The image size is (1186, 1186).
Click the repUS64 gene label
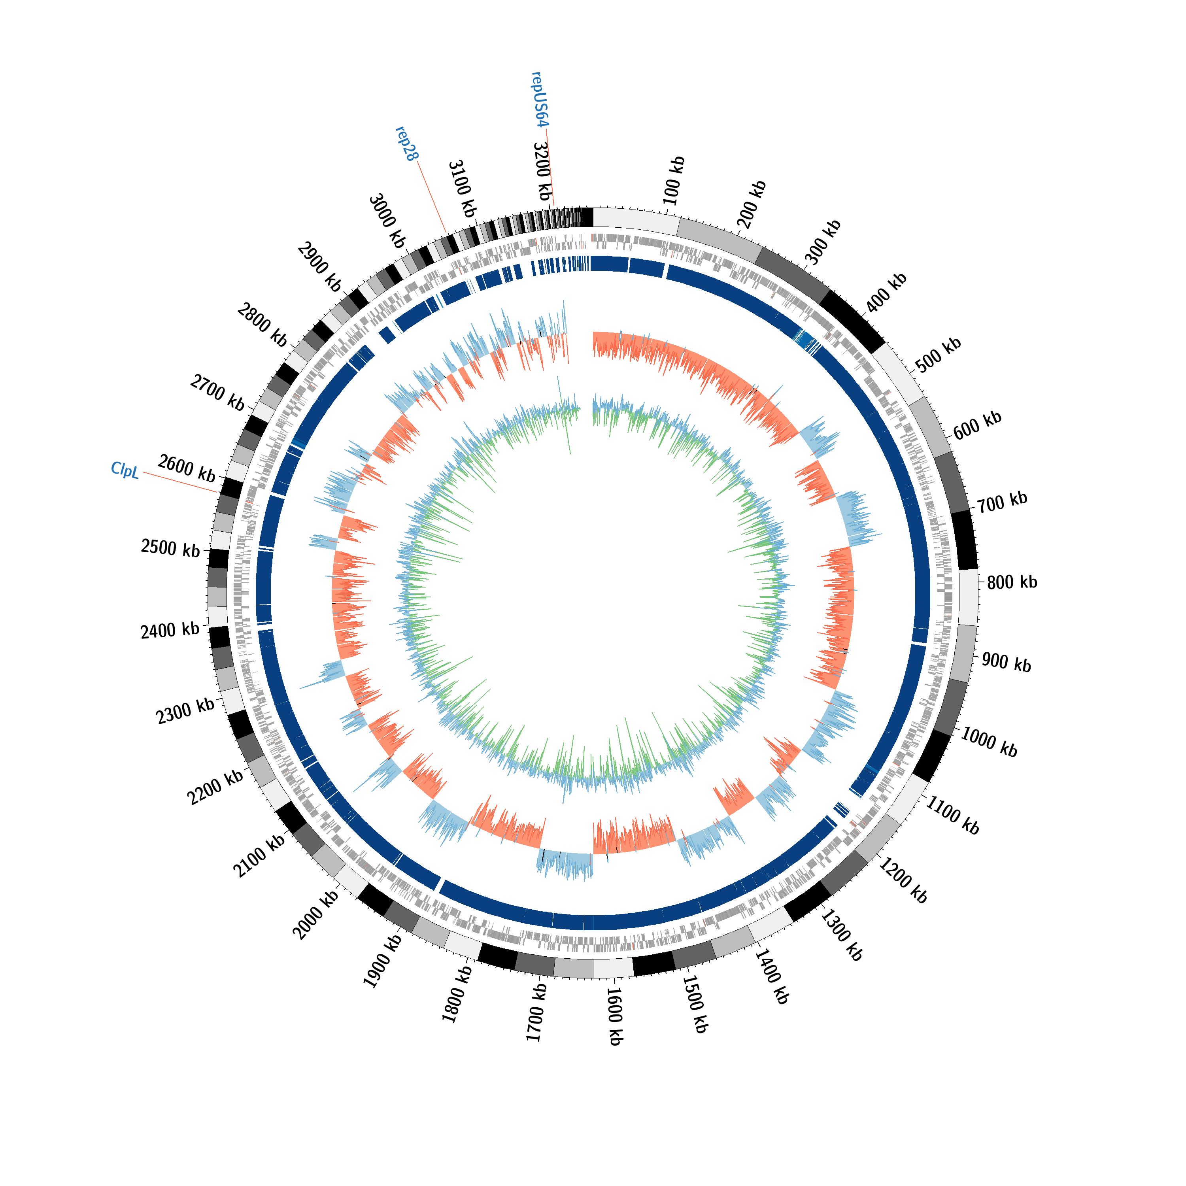pos(539,100)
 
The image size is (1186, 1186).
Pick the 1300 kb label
pos(842,935)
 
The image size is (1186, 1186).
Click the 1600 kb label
pos(615,1016)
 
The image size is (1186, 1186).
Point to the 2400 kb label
pos(170,631)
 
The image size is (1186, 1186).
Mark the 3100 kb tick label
pos(462,189)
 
